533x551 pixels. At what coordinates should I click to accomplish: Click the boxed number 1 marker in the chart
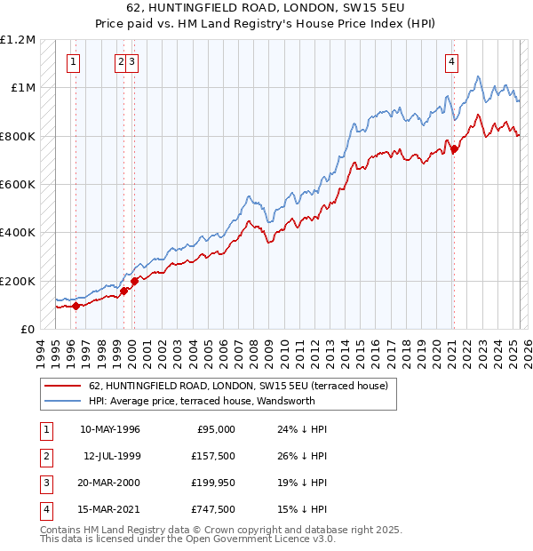[x=72, y=61]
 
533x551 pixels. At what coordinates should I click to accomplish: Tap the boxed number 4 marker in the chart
[x=451, y=61]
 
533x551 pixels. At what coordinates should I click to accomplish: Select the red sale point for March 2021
[x=454, y=149]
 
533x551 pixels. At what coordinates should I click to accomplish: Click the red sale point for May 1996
[x=76, y=306]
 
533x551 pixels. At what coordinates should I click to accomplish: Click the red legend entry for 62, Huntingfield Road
[x=238, y=387]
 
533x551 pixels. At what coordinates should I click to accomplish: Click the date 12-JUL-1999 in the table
[x=112, y=456]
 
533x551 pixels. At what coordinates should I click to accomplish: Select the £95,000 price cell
[x=216, y=429]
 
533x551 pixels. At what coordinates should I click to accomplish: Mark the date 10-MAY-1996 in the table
[x=110, y=429]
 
